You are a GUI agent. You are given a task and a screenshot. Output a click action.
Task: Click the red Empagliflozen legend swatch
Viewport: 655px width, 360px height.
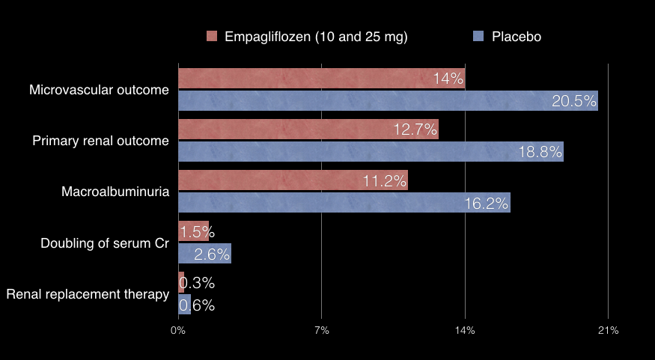click(211, 37)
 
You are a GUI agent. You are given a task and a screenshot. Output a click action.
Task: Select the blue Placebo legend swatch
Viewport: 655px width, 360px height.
click(478, 37)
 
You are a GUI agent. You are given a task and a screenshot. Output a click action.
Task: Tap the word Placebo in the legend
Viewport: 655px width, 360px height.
click(516, 37)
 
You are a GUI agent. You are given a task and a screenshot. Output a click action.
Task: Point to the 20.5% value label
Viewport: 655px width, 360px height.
click(574, 101)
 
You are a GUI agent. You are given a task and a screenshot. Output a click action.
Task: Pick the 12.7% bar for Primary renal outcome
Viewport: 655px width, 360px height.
click(308, 129)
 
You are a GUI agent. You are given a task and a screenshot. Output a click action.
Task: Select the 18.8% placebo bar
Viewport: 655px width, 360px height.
click(371, 152)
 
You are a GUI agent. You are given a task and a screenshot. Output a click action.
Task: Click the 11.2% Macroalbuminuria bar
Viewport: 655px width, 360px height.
click(293, 180)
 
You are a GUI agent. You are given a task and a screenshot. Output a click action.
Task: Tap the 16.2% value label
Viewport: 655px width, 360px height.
click(487, 203)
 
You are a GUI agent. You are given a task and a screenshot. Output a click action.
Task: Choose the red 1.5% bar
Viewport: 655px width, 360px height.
click(193, 231)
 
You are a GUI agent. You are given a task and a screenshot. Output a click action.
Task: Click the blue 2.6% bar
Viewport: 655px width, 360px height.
click(204, 254)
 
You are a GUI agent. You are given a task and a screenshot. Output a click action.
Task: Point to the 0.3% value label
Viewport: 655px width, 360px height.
click(197, 283)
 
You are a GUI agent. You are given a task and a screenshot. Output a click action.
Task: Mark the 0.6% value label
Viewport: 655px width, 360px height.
click(197, 305)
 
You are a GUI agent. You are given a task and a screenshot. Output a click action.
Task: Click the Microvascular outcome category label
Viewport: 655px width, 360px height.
click(99, 90)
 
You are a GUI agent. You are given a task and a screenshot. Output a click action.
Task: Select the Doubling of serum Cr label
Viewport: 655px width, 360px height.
click(105, 242)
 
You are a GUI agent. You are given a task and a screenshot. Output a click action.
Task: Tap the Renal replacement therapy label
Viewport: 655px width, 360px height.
click(88, 294)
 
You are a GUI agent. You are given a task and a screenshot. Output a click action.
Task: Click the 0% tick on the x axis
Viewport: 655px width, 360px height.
click(178, 330)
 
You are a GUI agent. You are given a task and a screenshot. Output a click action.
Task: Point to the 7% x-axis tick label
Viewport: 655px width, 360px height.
click(321, 330)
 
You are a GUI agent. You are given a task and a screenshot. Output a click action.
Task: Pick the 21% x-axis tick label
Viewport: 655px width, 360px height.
click(608, 330)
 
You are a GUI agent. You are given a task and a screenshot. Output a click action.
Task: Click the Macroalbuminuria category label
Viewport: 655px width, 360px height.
click(115, 192)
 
